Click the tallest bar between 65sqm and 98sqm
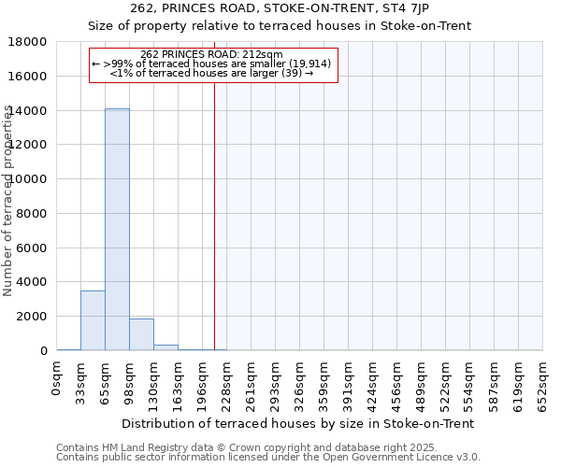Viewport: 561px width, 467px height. coord(117,229)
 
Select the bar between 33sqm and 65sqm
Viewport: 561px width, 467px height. coord(93,320)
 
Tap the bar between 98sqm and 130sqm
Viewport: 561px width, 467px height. coord(141,334)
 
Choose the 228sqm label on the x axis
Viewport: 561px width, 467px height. coord(227,384)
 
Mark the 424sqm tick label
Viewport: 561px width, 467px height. coord(373,384)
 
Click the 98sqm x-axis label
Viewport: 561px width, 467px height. coord(130,383)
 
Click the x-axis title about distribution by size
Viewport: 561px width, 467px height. coord(299,423)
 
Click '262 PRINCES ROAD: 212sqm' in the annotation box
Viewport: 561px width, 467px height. coord(211,54)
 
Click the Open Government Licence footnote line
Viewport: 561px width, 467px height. coord(268,458)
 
